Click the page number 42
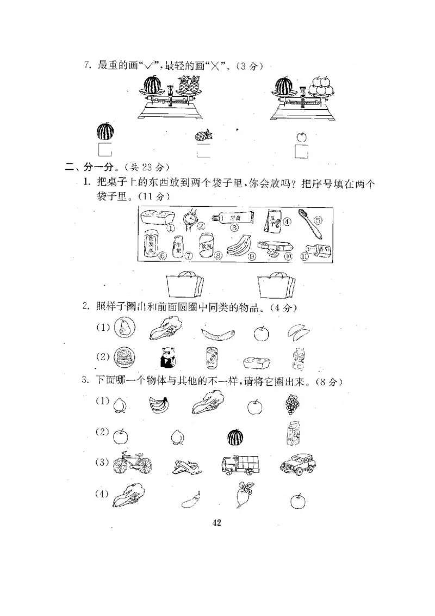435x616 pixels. [216, 523]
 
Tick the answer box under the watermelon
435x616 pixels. [104, 150]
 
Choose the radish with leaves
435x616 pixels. [241, 494]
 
